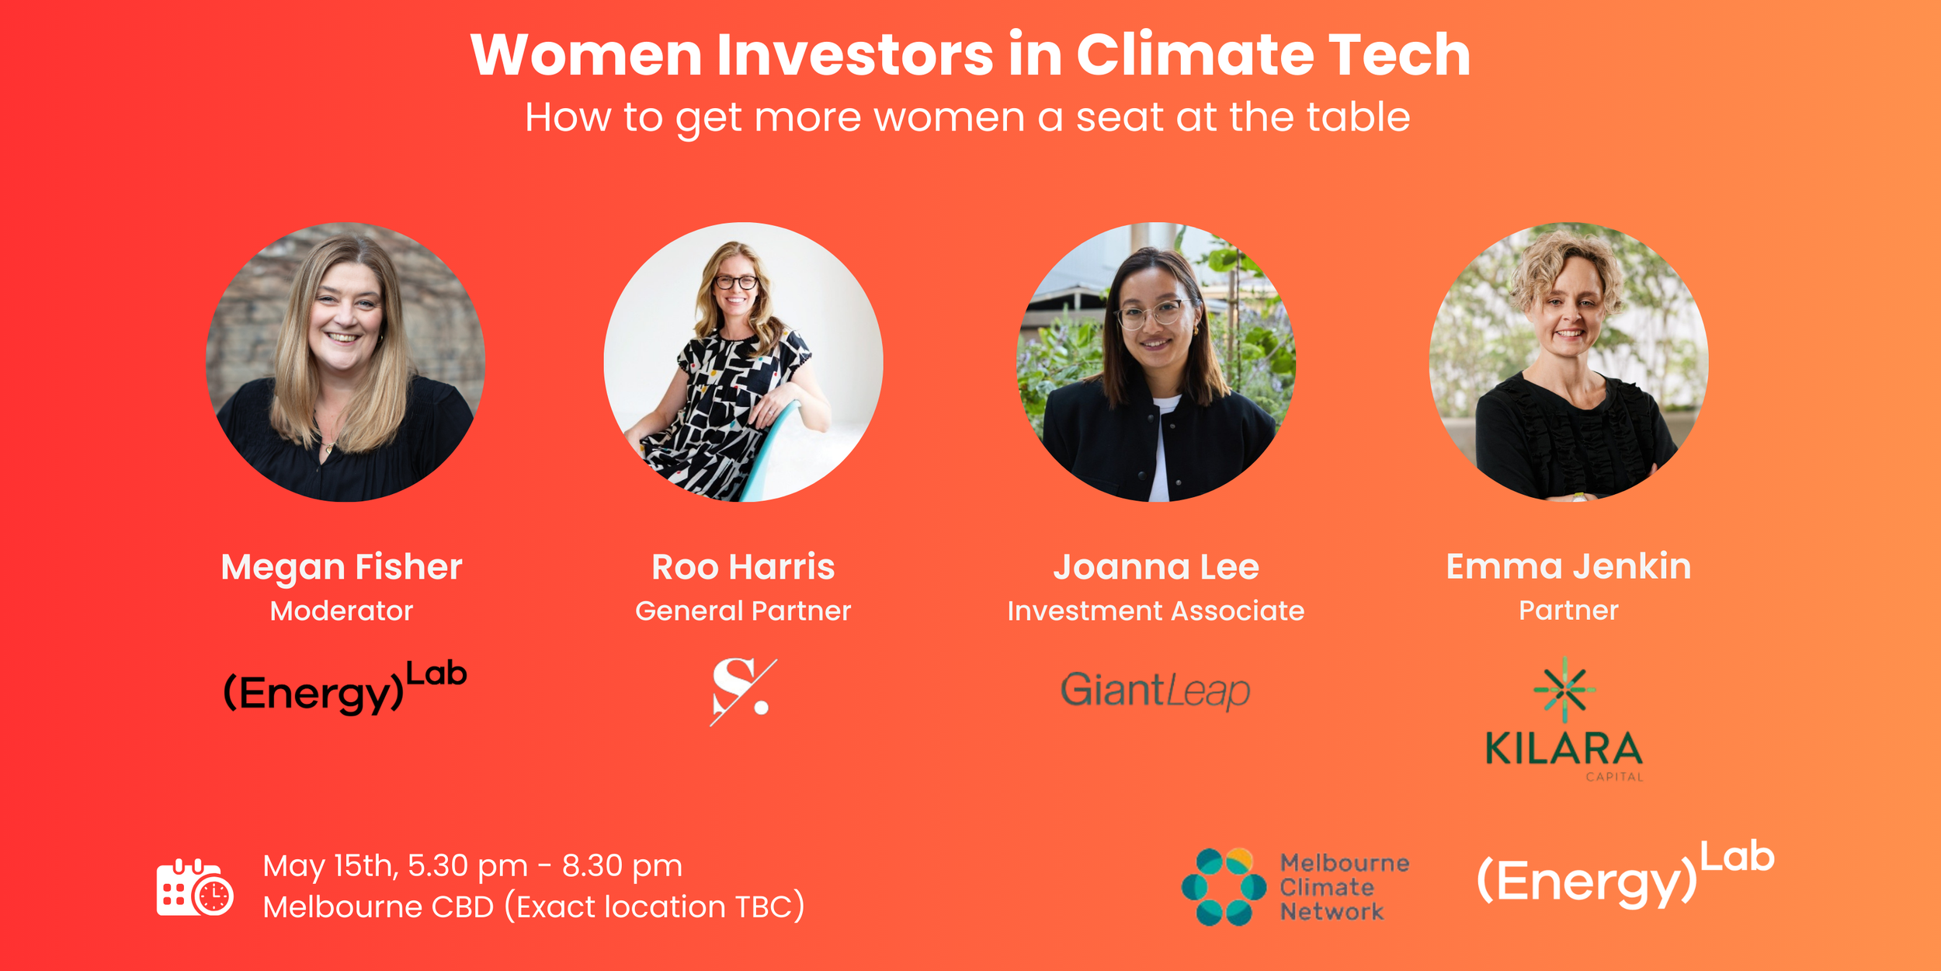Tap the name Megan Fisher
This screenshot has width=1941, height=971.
click(x=342, y=567)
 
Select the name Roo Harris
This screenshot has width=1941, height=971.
click(x=743, y=567)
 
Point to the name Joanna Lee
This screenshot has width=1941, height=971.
click(x=1156, y=567)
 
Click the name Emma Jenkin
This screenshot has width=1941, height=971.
click(x=1568, y=566)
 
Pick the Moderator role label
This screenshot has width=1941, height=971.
click(x=342, y=611)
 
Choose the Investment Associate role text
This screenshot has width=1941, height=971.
click(x=1156, y=611)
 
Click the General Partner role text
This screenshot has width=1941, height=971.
click(x=743, y=611)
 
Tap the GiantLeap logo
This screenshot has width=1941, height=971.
click(x=1155, y=691)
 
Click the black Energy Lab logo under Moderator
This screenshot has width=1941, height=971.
click(x=345, y=688)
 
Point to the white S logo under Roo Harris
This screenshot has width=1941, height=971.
click(x=741, y=690)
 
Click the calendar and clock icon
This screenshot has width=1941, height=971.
click(x=194, y=888)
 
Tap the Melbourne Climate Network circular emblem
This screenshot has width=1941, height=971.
click(x=1224, y=886)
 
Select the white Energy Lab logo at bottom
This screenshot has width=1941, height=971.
click(x=1625, y=875)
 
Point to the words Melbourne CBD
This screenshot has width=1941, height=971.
click(x=378, y=907)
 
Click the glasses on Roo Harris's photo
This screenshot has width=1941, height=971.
click(x=735, y=282)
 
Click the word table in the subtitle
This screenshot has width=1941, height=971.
click(x=1358, y=118)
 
